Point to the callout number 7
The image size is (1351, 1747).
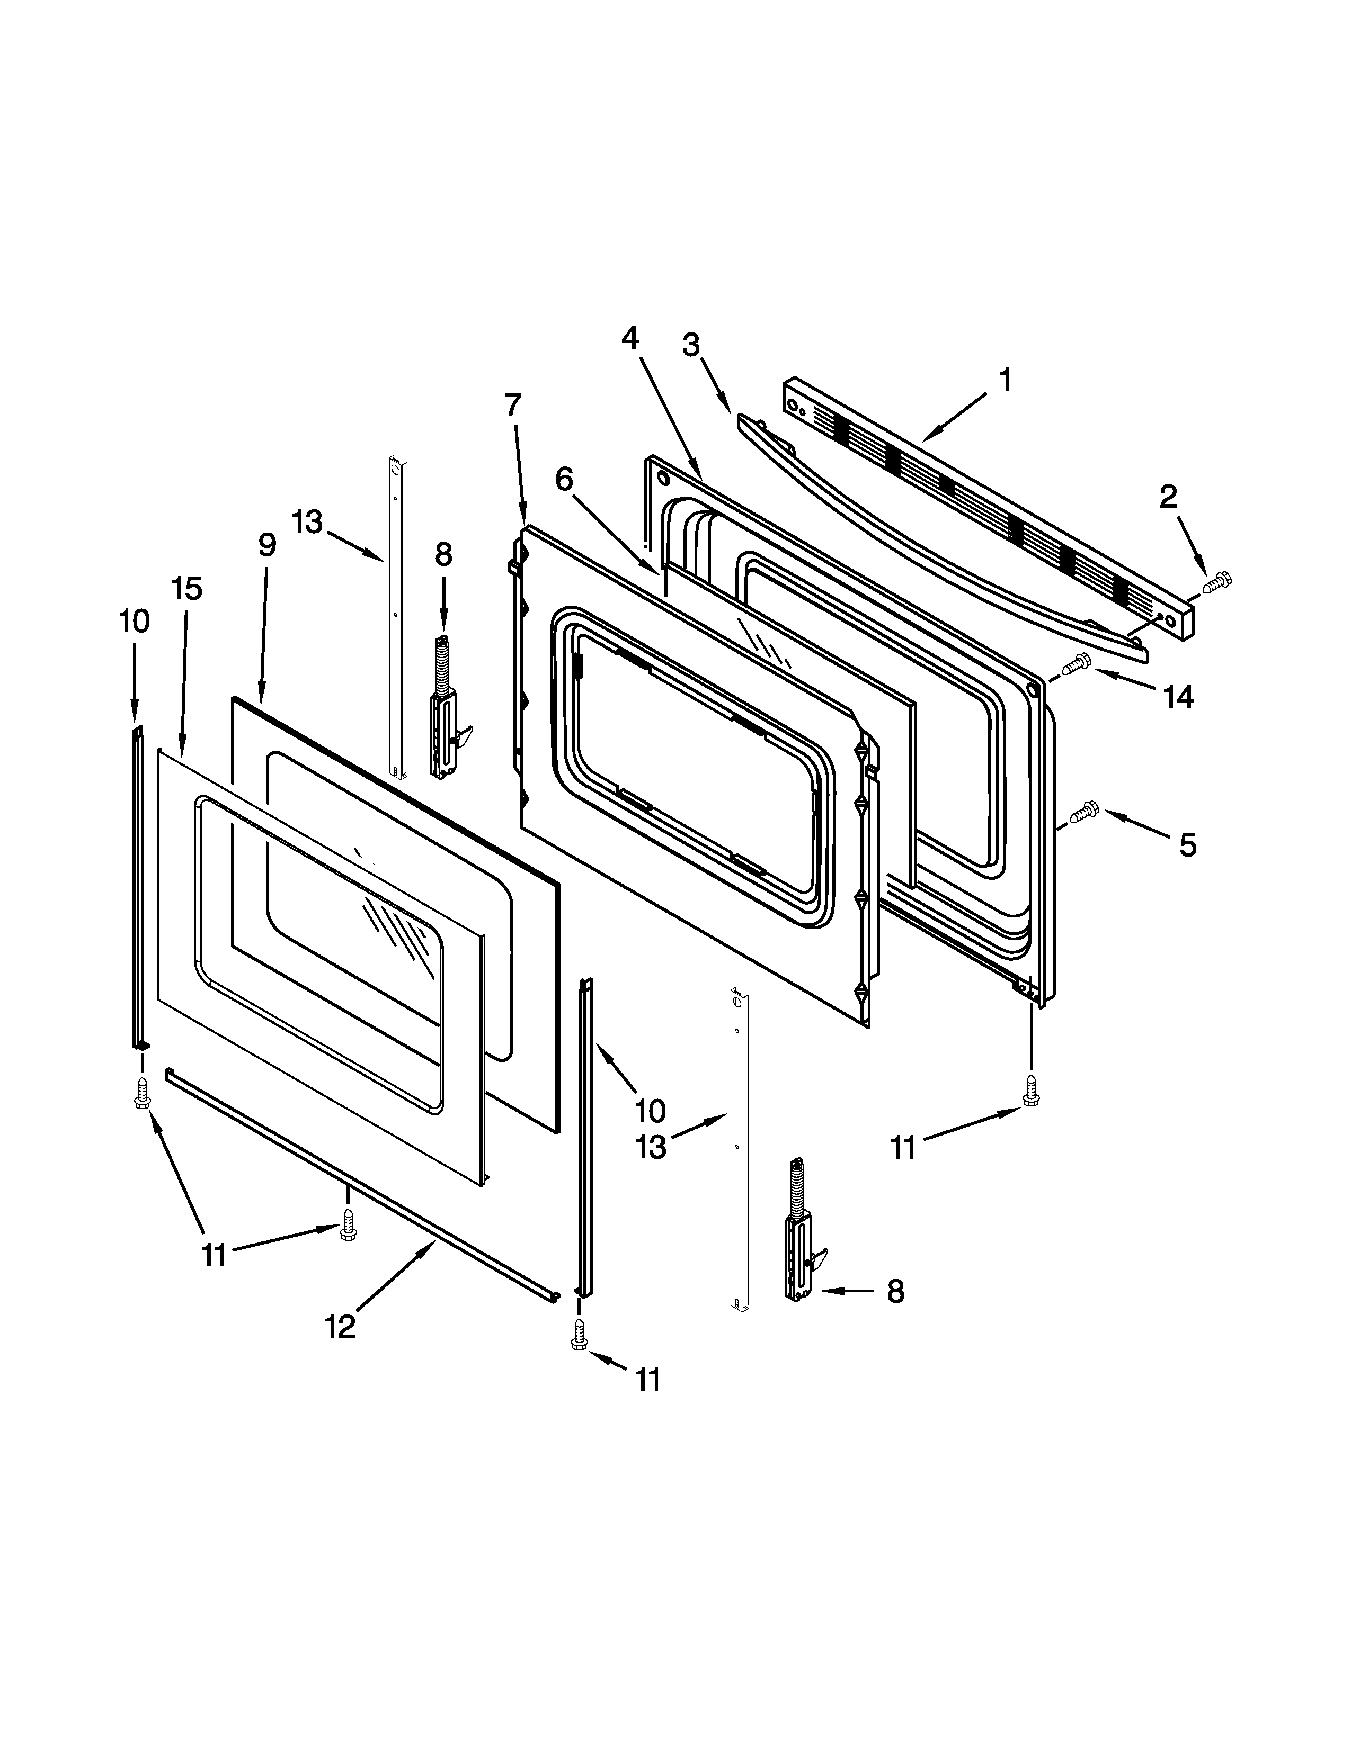512,405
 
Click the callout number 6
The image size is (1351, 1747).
564,479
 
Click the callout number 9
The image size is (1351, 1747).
266,545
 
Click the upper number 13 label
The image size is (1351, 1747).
307,523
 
